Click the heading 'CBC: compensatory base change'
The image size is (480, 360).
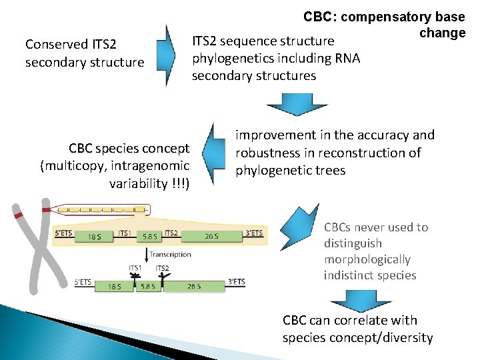tap(384, 24)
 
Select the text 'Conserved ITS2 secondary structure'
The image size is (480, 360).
tap(84, 53)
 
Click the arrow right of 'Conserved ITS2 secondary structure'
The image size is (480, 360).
tap(167, 55)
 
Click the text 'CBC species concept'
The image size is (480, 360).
tap(129, 147)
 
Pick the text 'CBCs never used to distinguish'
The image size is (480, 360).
tap(375, 235)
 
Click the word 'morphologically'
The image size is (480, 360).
tap(367, 259)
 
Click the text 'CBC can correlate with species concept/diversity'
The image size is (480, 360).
tap(357, 329)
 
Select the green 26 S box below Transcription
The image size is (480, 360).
tap(195, 287)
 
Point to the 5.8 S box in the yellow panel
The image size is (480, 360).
tap(149, 236)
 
